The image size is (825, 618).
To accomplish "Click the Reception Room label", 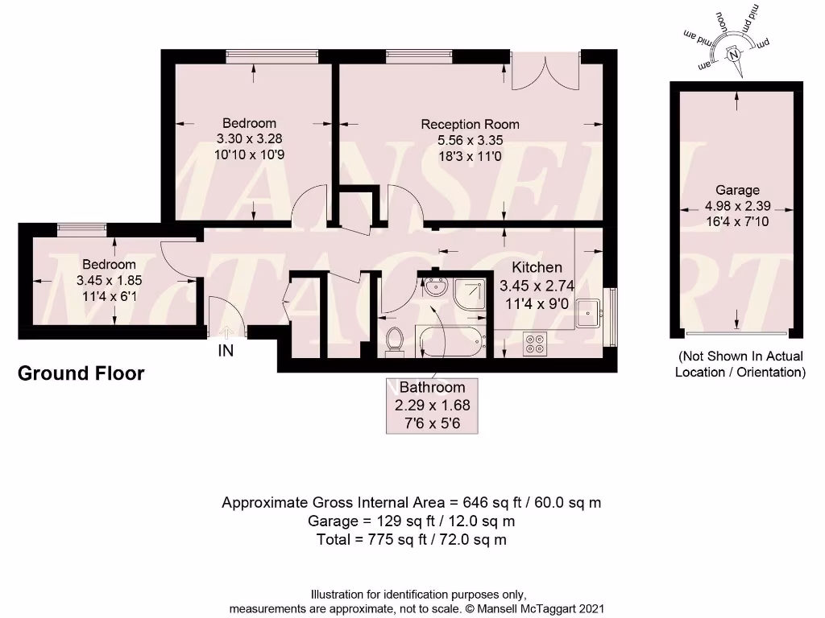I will (470, 124).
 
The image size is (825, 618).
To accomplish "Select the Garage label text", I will (737, 190).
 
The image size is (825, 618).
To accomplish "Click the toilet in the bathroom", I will (395, 340).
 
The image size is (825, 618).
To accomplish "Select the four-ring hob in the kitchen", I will (535, 344).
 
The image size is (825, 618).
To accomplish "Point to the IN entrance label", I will (226, 351).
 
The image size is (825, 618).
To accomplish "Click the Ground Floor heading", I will (81, 373).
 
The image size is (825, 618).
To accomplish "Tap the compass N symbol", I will (733, 56).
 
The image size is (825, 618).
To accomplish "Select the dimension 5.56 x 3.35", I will (470, 139).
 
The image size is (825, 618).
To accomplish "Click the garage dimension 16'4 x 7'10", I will (737, 220).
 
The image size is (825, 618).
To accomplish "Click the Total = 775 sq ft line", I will (412, 540).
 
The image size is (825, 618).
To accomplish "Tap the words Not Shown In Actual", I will (740, 356).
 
